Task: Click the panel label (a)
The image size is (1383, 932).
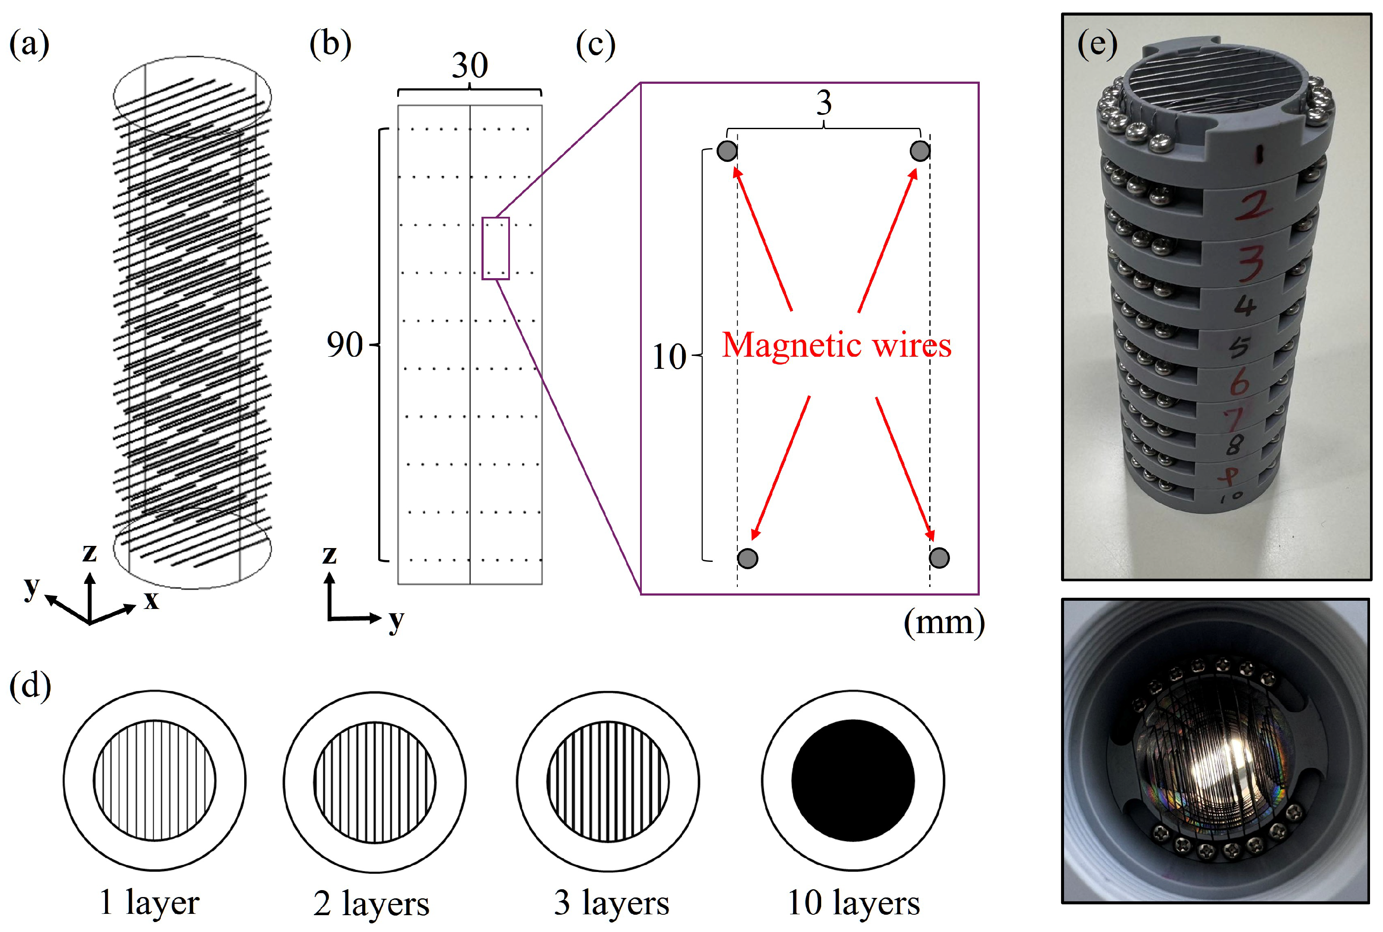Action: pos(29,44)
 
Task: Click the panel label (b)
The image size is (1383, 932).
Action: pos(330,44)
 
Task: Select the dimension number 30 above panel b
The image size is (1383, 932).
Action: pos(469,65)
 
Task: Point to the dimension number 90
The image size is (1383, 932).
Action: pos(344,344)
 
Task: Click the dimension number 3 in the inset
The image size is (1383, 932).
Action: pos(823,103)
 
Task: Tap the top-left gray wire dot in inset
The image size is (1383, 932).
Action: pos(727,151)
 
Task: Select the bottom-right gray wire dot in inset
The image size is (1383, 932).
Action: pos(939,558)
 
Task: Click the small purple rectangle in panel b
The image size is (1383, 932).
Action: pos(495,248)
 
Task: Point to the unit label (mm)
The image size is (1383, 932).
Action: pos(944,622)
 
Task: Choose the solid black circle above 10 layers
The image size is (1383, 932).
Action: pos(852,780)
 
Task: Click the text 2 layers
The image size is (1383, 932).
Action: pos(371,904)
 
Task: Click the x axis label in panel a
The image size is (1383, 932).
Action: pos(152,600)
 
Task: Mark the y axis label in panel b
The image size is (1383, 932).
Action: pos(396,621)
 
